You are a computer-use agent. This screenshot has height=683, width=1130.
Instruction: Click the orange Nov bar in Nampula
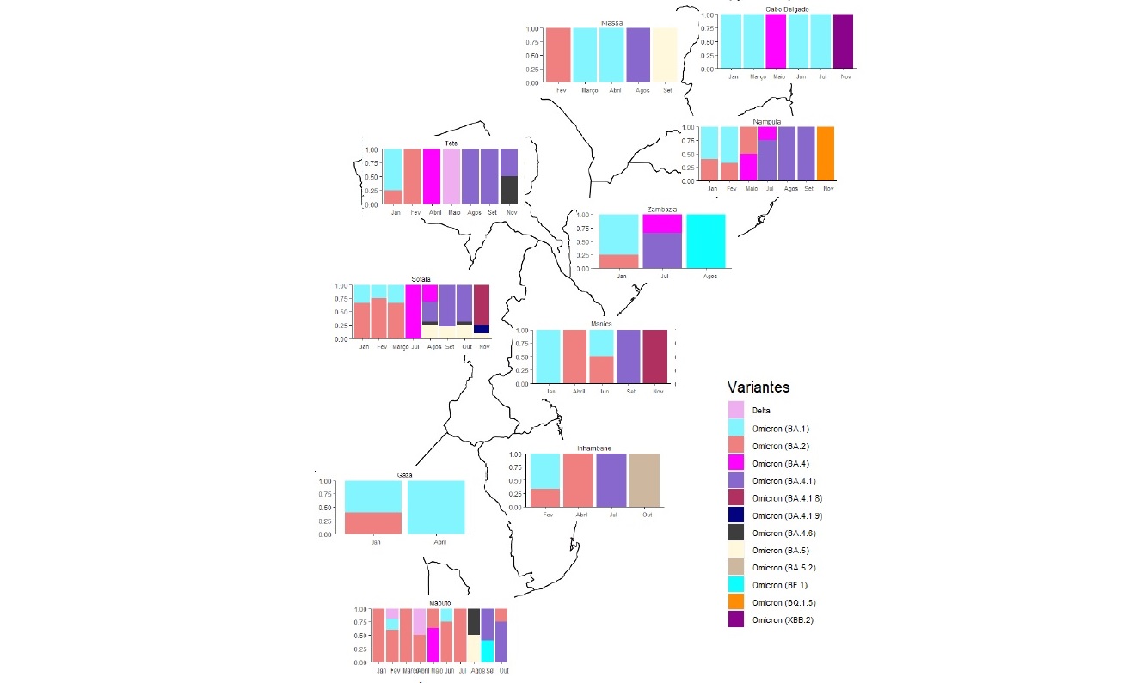click(x=825, y=153)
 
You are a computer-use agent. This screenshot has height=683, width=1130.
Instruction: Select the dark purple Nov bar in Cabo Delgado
click(x=843, y=40)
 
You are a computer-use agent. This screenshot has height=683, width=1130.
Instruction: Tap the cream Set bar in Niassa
click(x=664, y=55)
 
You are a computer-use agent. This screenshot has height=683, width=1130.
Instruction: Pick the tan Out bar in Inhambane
click(x=644, y=480)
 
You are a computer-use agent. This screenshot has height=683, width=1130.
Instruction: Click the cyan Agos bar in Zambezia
click(x=706, y=241)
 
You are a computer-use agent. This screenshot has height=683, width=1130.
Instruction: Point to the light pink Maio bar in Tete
click(x=452, y=176)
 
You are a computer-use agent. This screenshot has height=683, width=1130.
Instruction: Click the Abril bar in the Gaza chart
click(x=436, y=507)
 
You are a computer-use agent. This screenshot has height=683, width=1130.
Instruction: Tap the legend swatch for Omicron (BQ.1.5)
click(x=736, y=602)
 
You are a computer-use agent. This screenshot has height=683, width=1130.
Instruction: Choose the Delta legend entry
click(x=760, y=411)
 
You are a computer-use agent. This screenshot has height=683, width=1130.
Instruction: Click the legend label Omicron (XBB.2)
click(x=782, y=619)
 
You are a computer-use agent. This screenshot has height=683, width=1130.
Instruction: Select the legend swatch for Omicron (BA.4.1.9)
click(x=736, y=515)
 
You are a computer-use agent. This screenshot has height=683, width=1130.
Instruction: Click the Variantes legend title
click(x=758, y=387)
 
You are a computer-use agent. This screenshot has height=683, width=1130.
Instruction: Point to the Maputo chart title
click(x=439, y=603)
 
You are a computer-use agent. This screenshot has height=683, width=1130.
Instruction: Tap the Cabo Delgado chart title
click(x=787, y=9)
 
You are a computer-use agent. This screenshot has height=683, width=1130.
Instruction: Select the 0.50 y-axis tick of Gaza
click(x=325, y=508)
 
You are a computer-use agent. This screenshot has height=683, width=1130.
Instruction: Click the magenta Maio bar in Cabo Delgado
click(x=776, y=40)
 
